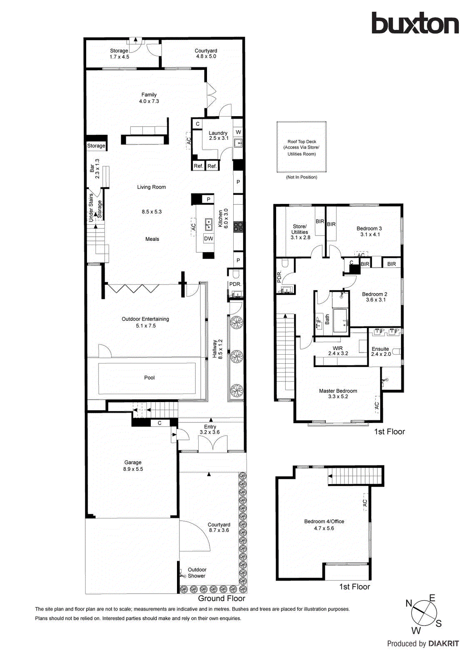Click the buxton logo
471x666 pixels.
(x=415, y=23)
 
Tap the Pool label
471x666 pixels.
(x=149, y=378)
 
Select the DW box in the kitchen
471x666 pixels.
(x=208, y=239)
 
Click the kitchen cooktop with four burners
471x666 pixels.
(x=238, y=227)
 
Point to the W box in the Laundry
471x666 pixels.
(x=238, y=132)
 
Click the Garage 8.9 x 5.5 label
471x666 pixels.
(x=133, y=466)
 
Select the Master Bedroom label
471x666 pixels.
(x=338, y=393)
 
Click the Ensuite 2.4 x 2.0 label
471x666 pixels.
(x=381, y=351)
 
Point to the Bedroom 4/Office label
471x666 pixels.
(x=324, y=524)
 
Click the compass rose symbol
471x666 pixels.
(x=424, y=613)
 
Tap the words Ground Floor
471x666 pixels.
(x=222, y=598)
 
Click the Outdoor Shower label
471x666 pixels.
(x=197, y=573)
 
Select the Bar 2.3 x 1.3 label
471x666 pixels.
(x=95, y=169)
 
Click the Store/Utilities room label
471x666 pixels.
(x=300, y=232)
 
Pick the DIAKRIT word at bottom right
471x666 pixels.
(x=444, y=644)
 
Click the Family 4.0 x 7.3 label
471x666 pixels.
(x=149, y=98)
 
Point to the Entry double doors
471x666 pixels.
(x=213, y=444)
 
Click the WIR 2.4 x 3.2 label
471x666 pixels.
(x=338, y=350)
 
